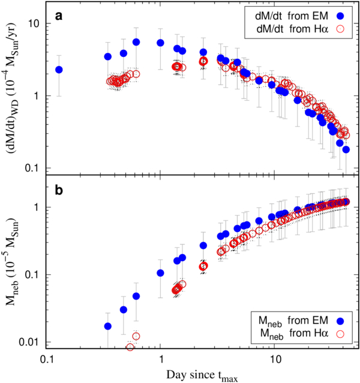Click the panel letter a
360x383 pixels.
click(x=59, y=16)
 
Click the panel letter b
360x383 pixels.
click(x=59, y=190)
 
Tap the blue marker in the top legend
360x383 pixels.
click(x=340, y=16)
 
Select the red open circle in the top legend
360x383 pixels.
click(x=340, y=29)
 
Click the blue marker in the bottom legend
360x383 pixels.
click(x=340, y=321)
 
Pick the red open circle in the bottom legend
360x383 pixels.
click(x=340, y=334)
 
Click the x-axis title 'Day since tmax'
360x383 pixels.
click(x=202, y=375)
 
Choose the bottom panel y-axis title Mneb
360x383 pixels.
click(x=12, y=261)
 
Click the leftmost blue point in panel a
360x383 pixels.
click(x=59, y=70)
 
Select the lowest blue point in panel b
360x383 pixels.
click(x=107, y=326)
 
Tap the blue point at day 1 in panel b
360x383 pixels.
click(x=160, y=273)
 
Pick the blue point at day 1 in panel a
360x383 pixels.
click(x=160, y=43)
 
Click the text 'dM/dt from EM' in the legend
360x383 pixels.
click(x=292, y=16)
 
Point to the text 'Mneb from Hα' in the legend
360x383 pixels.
click(x=295, y=334)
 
